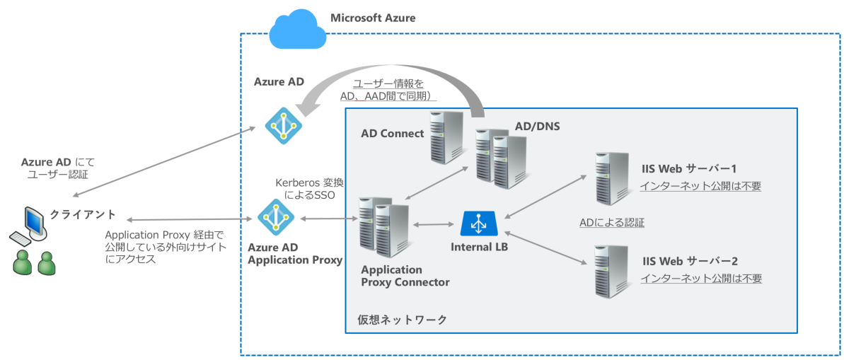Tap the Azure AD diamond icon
(283, 126)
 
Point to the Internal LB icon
(479, 223)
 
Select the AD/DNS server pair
(501, 158)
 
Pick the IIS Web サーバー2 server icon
(611, 270)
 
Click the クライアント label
(83, 214)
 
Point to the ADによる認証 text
(611, 222)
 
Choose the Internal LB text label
(479, 248)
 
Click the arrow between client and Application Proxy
(189, 221)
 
